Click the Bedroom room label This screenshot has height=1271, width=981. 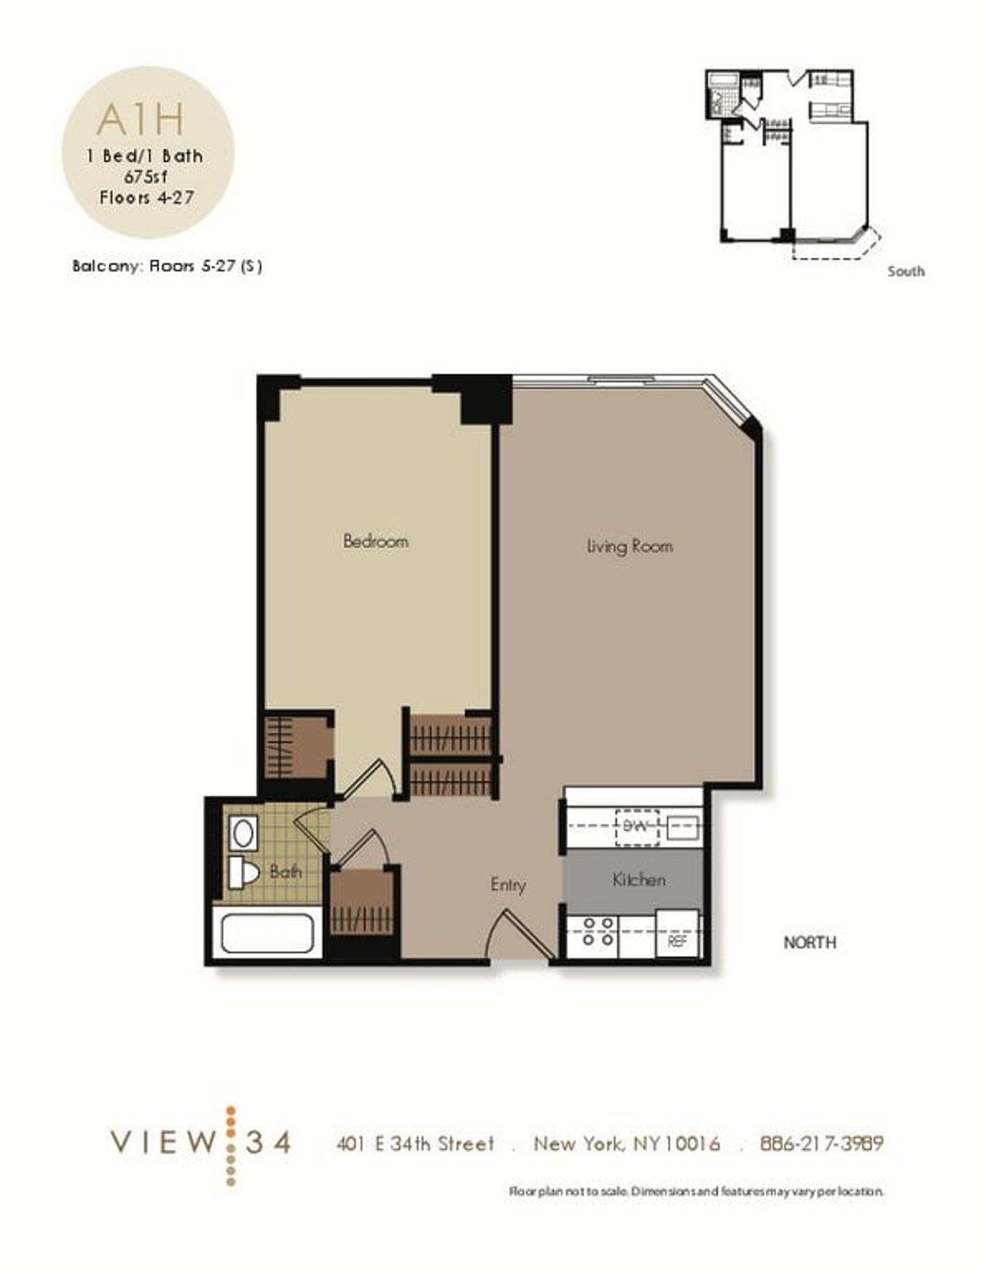[x=375, y=541]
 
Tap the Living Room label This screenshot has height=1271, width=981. [x=629, y=546]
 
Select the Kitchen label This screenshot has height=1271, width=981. [x=638, y=880]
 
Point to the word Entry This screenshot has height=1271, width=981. [x=508, y=885]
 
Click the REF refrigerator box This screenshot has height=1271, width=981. [x=678, y=941]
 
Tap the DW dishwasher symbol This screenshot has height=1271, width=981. [x=636, y=827]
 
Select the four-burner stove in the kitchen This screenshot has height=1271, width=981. [x=598, y=932]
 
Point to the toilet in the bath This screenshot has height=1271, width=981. [x=243, y=873]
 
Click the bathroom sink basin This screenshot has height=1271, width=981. [x=243, y=833]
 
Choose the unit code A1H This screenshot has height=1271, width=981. [x=141, y=119]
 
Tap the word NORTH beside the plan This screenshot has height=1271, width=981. [x=809, y=943]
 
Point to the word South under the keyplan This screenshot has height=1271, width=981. [x=906, y=272]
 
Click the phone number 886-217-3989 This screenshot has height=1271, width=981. [x=822, y=1143]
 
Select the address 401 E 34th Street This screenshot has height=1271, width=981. [x=415, y=1143]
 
